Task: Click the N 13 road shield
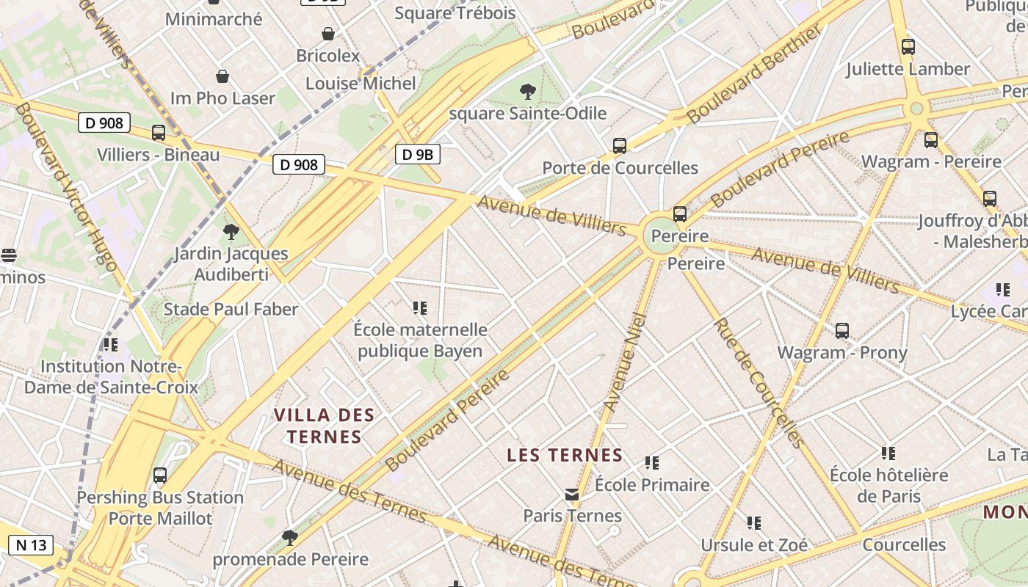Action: [31, 545]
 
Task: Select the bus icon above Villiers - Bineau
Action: [159, 133]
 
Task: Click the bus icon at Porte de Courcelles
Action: [620, 146]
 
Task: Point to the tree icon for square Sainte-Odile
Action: [527, 92]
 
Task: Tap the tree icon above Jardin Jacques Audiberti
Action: [231, 233]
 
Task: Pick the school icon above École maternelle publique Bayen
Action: [420, 308]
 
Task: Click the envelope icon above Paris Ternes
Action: [572, 495]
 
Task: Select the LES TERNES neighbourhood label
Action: [565, 456]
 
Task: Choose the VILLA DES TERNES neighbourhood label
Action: [325, 426]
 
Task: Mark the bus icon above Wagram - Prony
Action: [842, 331]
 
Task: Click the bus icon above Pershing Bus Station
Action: [160, 475]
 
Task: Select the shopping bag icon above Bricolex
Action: [328, 34]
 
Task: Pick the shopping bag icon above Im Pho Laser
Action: [222, 76]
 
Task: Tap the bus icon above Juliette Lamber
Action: [908, 47]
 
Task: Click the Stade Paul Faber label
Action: [231, 310]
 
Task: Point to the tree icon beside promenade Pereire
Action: [290, 538]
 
